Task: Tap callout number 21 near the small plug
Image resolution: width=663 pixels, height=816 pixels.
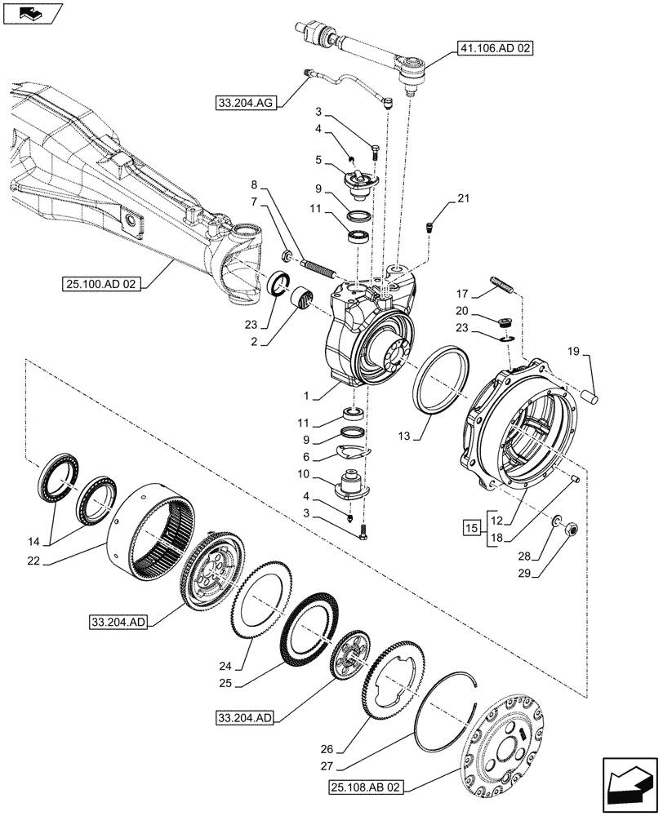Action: tap(464, 198)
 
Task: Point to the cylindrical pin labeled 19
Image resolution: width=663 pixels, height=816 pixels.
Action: tap(592, 395)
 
